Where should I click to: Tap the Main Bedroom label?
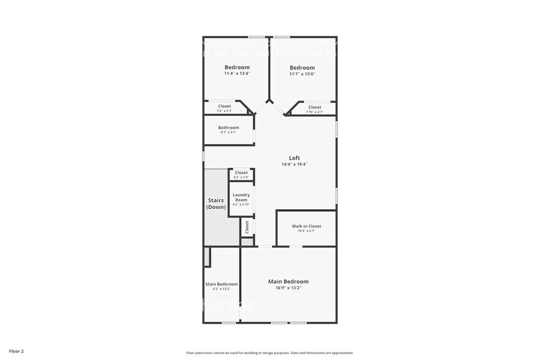coord(288,282)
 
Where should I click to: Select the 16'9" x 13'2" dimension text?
coord(288,288)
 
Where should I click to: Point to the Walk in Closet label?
coord(306,226)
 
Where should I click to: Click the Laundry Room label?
coord(241,197)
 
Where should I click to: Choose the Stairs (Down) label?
coord(216,203)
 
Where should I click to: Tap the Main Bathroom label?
coord(221,284)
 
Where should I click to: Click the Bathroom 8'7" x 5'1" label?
coord(228,127)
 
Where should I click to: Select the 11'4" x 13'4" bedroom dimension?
coord(237,73)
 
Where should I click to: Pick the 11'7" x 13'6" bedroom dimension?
coord(302,73)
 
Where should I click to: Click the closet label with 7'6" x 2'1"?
coord(225,106)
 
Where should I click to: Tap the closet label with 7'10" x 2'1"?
coord(315,107)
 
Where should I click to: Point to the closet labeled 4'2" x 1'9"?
coord(241,173)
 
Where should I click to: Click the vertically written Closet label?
coord(247,227)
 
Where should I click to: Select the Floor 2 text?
coord(17,352)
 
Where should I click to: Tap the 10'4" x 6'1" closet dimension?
coord(306,231)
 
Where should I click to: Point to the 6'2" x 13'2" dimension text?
coord(221,289)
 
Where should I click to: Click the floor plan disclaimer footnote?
coord(269,353)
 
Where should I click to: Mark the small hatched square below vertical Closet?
coord(247,242)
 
